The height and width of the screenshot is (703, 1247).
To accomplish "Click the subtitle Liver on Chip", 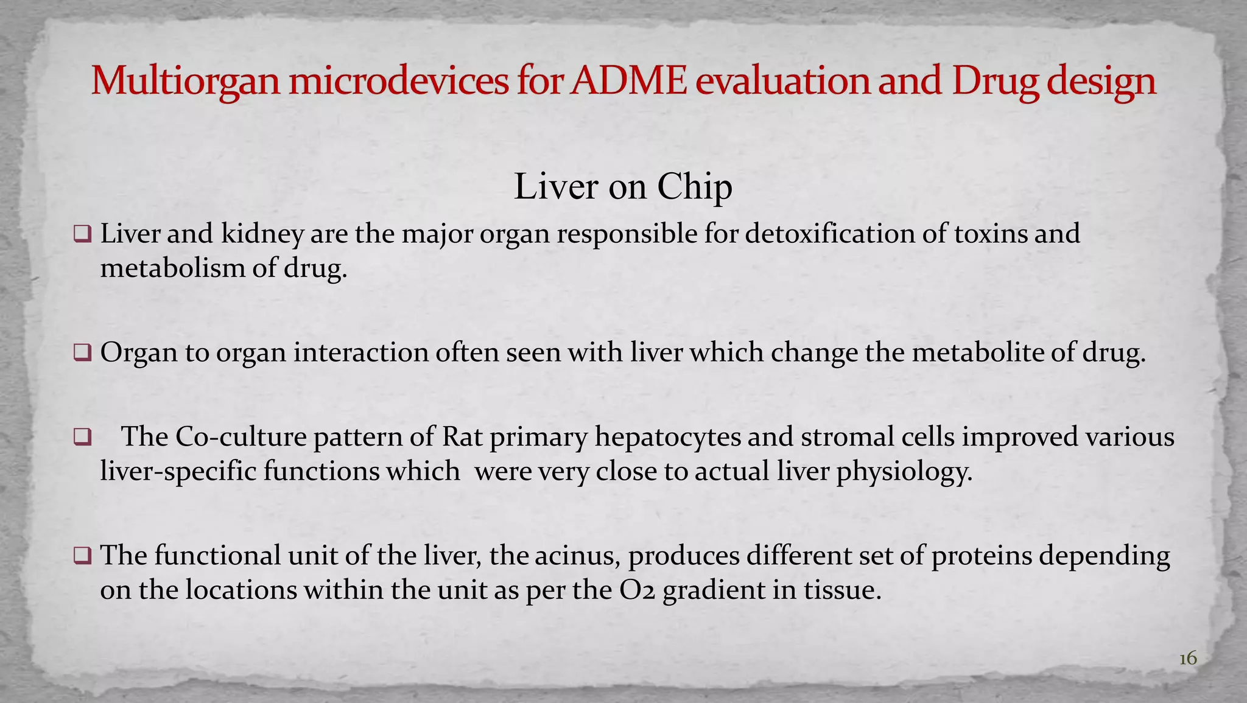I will (x=623, y=186).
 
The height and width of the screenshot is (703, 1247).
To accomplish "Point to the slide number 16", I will (x=1188, y=659).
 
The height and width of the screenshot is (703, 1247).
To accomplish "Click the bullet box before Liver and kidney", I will (x=82, y=234).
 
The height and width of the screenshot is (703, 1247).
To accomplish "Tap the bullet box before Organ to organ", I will (x=82, y=352).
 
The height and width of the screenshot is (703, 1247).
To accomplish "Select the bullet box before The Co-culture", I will (x=82, y=437).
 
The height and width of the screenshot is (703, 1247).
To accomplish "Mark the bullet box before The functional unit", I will (x=82, y=555).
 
